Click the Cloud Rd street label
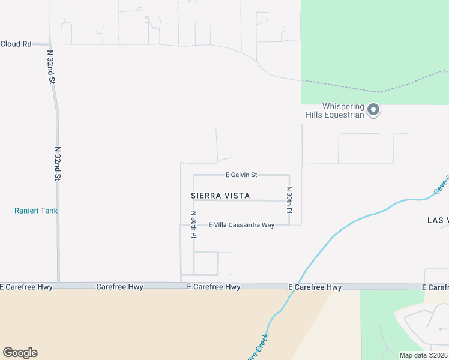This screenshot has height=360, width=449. coord(16,44)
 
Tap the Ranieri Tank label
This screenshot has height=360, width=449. coord(36,211)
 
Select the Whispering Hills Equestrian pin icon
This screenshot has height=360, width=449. coord(373,109)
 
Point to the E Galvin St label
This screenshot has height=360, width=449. coord(241,175)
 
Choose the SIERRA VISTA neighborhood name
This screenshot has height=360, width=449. coord(220,196)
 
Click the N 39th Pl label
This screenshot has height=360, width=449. coord(289,199)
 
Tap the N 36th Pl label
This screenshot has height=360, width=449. coord(193,224)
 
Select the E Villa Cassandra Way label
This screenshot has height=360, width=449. coord(241,225)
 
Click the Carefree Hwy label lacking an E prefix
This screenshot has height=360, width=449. coord(119,287)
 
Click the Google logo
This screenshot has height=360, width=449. coord(20,353)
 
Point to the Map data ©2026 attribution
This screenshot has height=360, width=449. coord(423,355)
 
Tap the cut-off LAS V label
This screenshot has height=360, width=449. coord(438,220)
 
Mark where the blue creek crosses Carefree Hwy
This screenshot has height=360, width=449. coord(299,286)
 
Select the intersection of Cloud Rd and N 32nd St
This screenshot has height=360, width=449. coord(50,44)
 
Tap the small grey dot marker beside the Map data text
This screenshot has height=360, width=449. coord(441,329)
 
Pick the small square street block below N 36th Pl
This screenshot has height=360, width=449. coord(205,263)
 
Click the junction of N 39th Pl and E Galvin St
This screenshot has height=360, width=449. coord(289,175)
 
